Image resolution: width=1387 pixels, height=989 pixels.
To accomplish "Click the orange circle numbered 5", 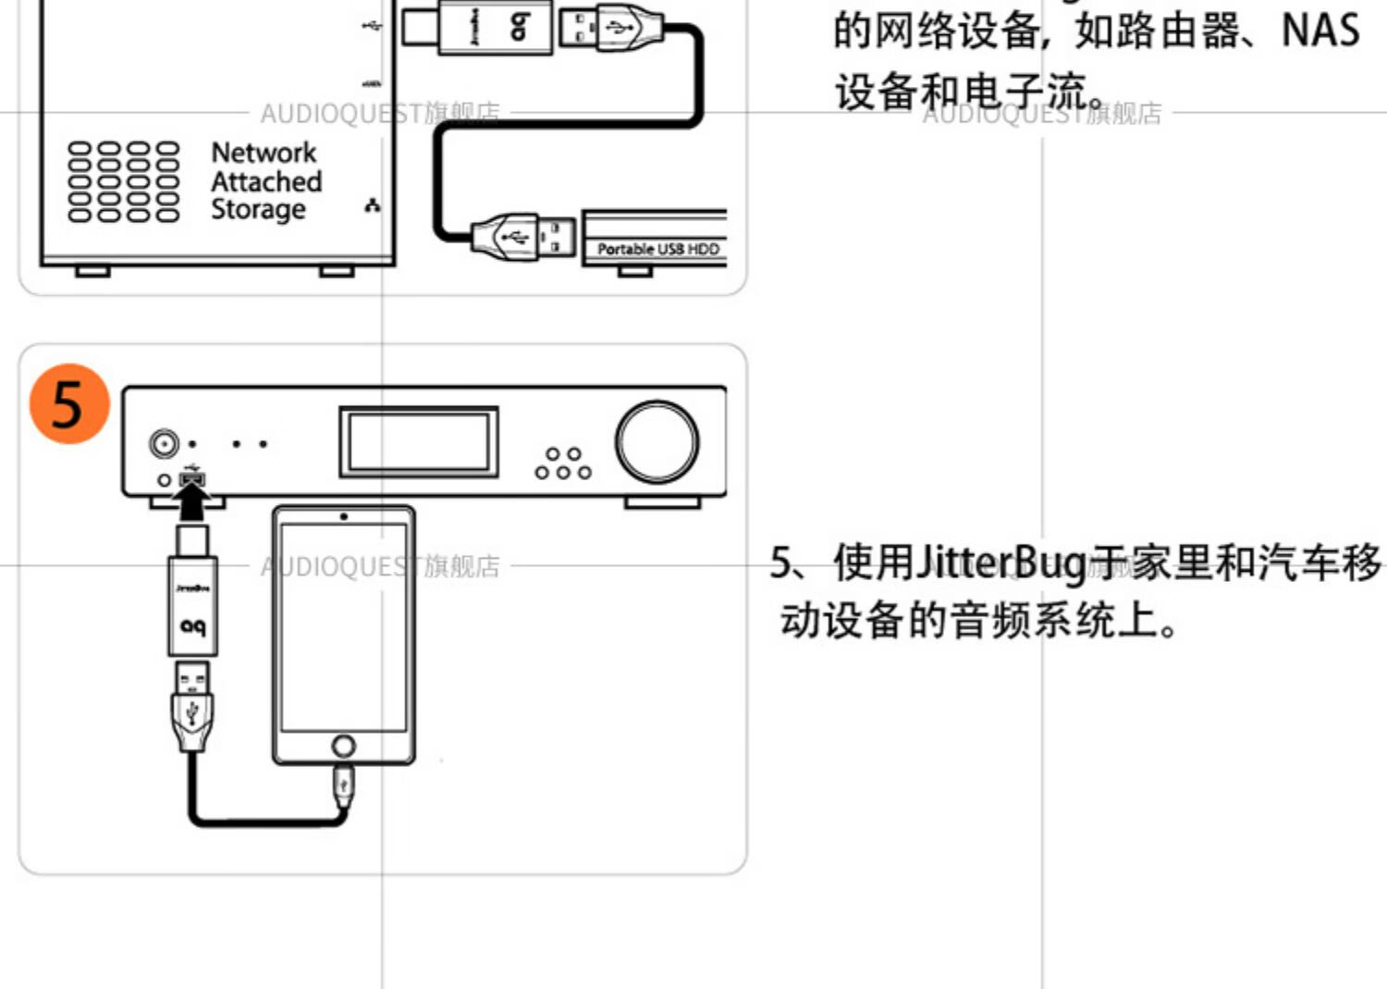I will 69,403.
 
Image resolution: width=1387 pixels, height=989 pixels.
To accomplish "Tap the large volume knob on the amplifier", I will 657,442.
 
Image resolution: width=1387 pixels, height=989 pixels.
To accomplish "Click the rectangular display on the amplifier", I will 418,442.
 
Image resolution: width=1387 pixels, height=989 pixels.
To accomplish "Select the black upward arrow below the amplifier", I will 192,504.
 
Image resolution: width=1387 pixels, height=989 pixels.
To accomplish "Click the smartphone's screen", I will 343,627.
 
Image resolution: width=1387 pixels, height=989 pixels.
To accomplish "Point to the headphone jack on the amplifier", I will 165,444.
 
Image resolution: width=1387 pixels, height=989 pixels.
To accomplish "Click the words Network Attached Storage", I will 266,181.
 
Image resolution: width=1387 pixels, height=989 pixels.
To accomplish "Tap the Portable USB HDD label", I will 657,249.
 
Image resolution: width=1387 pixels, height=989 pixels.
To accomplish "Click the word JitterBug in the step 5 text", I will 1000,562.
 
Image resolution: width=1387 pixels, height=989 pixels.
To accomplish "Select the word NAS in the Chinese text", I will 1319,30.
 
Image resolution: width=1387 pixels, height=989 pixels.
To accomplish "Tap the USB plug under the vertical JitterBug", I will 192,708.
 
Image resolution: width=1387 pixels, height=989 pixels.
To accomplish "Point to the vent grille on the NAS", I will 124,181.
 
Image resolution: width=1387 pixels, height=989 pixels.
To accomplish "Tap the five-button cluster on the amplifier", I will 563,464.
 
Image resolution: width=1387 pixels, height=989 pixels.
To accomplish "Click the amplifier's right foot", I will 662,502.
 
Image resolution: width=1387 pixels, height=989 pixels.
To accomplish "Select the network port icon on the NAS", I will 373,205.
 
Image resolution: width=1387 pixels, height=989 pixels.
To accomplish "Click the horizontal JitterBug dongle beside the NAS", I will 495,27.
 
